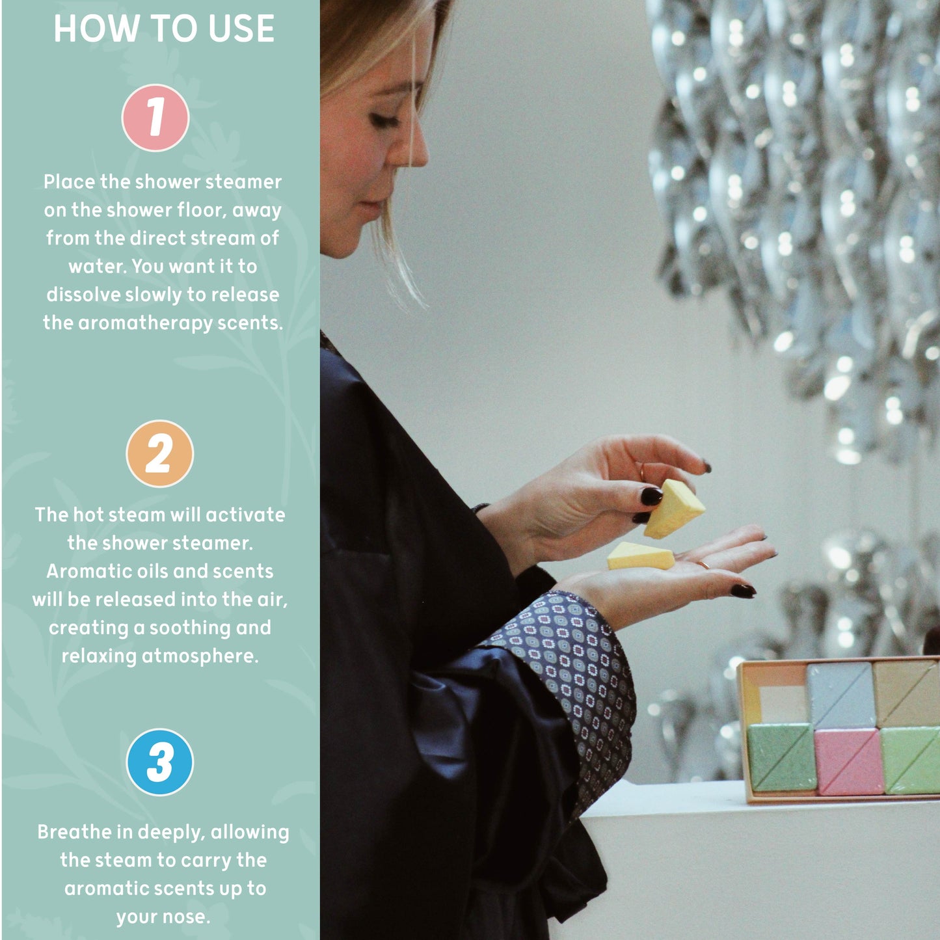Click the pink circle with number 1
pyautogui.click(x=155, y=118)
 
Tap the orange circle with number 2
pyautogui.click(x=159, y=453)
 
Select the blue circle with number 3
pyautogui.click(x=159, y=762)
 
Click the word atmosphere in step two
pyautogui.click(x=200, y=656)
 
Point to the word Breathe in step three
pyautogui.click(x=75, y=832)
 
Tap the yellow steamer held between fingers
pyautogui.click(x=674, y=509)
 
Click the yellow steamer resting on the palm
pyautogui.click(x=641, y=556)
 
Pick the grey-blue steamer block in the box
pyautogui.click(x=840, y=695)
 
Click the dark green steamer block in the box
pyautogui.click(x=781, y=757)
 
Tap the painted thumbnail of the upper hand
pyautogui.click(x=651, y=496)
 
